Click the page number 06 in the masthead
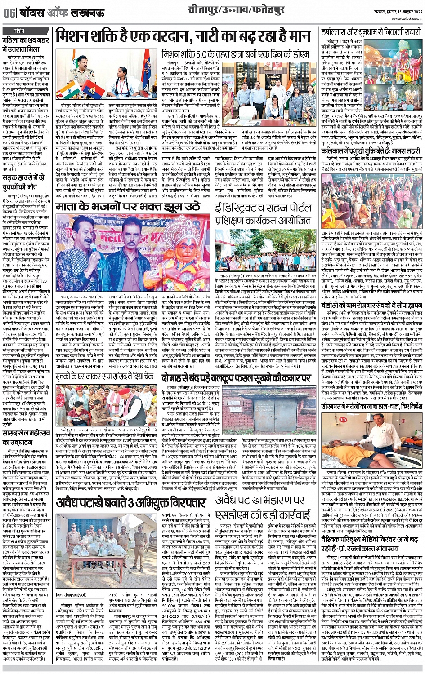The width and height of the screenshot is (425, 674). click(x=9, y=13)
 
